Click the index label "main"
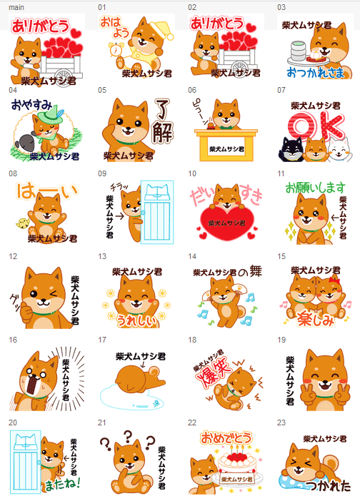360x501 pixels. [x=16, y=6]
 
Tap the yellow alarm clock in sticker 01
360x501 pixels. [x=114, y=51]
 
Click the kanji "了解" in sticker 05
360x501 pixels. [x=163, y=121]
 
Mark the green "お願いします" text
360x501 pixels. [x=315, y=188]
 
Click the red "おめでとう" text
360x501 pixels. [x=226, y=435]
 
